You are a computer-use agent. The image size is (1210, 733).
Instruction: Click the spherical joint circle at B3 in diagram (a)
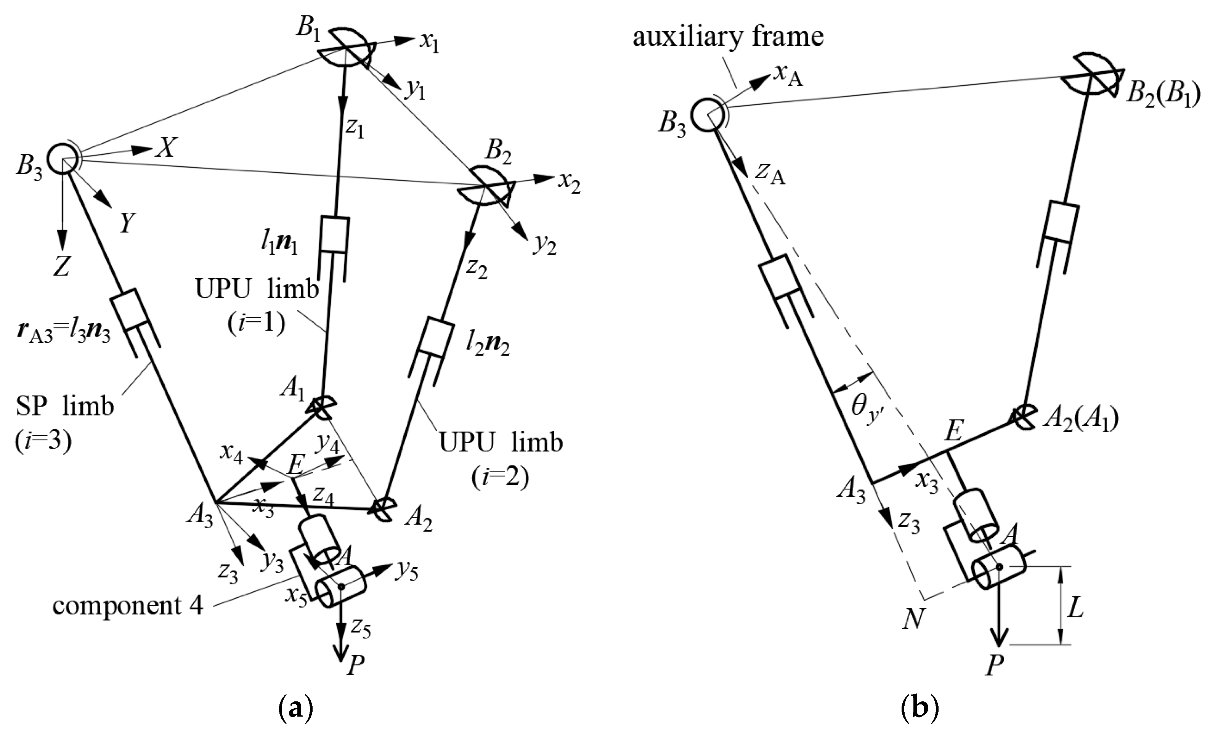click(62, 159)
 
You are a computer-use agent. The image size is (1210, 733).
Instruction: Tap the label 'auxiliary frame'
click(728, 37)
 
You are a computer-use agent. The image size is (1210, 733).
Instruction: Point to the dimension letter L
click(1075, 610)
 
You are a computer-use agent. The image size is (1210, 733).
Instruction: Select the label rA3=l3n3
click(63, 335)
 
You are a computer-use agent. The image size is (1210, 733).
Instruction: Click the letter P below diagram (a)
click(356, 666)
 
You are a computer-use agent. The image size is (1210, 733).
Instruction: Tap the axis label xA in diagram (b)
click(788, 75)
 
